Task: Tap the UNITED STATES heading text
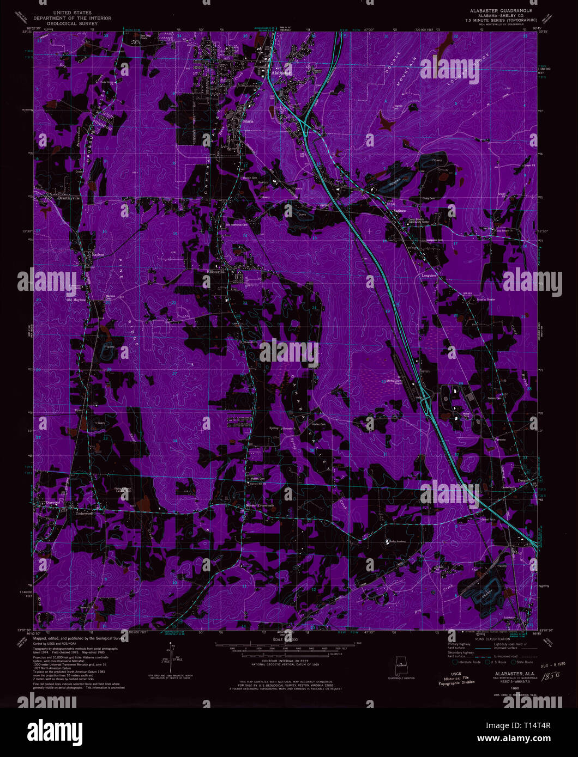pyautogui.click(x=72, y=12)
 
